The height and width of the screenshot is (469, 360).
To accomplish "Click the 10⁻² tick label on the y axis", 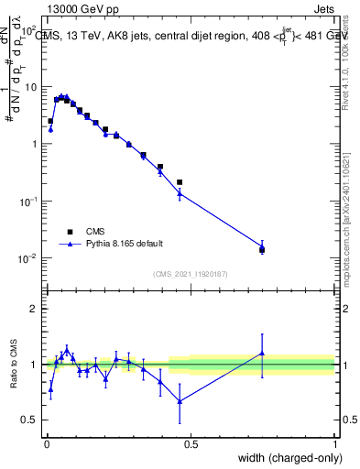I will [27, 258].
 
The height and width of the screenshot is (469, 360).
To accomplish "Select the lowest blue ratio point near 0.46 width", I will [180, 400].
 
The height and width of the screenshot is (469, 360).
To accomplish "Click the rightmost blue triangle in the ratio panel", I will [262, 353].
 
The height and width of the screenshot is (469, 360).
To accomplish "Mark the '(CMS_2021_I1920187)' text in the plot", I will [190, 273].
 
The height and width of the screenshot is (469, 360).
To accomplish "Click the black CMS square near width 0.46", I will [180, 182].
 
